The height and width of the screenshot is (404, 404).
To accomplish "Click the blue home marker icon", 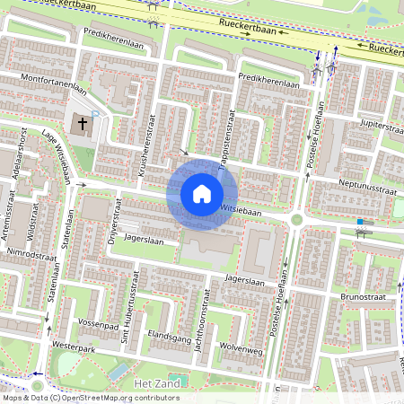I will coord(202,193).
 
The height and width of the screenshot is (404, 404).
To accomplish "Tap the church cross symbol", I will coord(82,122).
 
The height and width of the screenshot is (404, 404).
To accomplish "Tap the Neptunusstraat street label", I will coord(370,190).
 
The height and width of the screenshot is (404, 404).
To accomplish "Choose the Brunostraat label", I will coord(362,294).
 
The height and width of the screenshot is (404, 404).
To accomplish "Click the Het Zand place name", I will coord(150,383).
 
